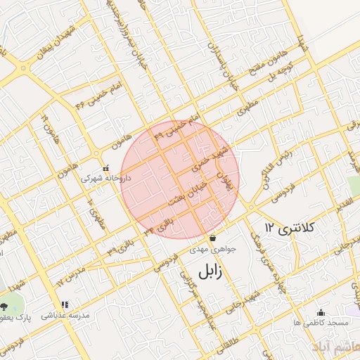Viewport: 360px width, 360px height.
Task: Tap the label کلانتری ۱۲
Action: [291, 227]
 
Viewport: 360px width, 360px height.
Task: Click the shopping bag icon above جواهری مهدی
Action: [212, 237]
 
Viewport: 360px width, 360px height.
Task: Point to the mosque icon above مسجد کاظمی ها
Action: [322, 312]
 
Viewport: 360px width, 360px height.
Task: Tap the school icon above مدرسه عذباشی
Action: [65, 305]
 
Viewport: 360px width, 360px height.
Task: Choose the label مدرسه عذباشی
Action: [65, 316]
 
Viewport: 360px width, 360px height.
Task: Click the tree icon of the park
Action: [6, 306]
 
